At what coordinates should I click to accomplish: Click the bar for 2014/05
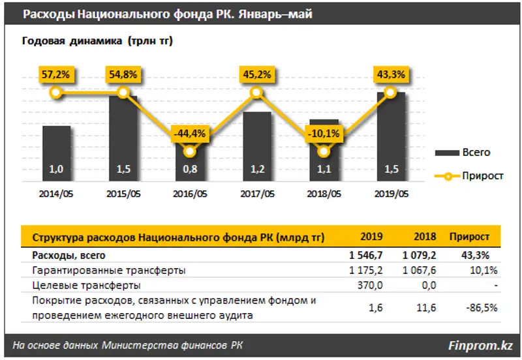56,153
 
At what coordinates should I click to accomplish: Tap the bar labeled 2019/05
390,137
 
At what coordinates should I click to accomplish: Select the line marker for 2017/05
256,93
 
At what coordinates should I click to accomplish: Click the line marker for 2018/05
324,153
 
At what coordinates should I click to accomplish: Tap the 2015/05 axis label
123,194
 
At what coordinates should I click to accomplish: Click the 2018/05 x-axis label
324,194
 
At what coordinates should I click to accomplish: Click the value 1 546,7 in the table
367,256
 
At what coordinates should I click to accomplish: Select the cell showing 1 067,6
417,270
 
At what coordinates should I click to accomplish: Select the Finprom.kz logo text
480,344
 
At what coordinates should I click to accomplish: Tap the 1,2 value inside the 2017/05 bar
256,171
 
